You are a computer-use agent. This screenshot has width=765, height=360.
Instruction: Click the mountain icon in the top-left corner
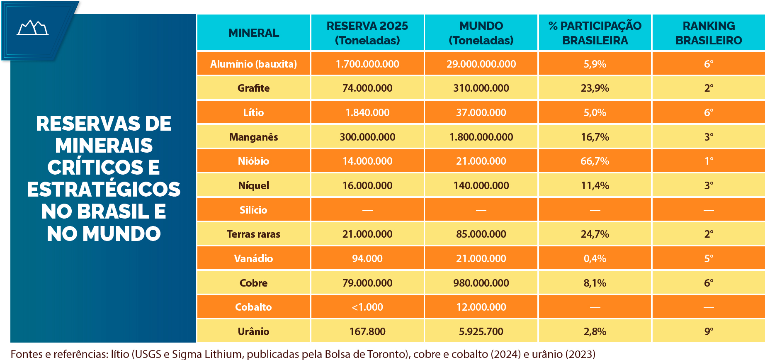[x=33, y=28]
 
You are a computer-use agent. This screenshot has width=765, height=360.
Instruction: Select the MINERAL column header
[x=253, y=33]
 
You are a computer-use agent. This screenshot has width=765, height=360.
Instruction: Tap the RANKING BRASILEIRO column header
[x=709, y=33]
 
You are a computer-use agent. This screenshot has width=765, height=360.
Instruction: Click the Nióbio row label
[x=253, y=161]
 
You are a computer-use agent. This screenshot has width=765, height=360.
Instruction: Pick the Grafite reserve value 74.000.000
[x=367, y=88]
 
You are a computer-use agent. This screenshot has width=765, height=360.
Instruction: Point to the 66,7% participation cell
[x=595, y=161]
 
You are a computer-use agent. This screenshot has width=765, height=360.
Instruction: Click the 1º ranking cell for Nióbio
[x=709, y=161]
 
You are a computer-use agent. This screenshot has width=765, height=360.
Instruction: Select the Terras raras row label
[x=253, y=234]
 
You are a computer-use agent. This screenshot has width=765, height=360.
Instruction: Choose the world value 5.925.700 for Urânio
[x=481, y=331]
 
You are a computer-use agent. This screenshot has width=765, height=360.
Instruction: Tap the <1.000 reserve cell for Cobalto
[x=367, y=307]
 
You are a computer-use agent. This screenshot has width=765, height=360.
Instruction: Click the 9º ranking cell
[x=709, y=331]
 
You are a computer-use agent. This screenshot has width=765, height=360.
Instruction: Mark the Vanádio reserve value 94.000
[x=367, y=258]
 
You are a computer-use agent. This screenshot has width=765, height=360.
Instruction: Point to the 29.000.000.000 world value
[x=481, y=64]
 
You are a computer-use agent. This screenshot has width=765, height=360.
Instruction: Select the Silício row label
[x=253, y=210]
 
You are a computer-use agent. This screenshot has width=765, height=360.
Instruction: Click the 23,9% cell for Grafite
[x=595, y=88]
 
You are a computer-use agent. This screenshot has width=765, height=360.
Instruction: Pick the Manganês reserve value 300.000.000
[x=367, y=137]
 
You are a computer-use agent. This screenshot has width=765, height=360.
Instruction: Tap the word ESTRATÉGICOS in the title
[x=104, y=189]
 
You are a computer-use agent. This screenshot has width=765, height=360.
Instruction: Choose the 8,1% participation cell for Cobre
[x=595, y=283]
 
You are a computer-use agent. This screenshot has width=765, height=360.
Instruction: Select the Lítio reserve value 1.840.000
[x=367, y=112]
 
